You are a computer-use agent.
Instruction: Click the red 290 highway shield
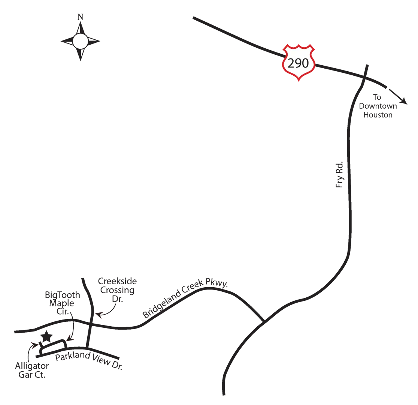299,63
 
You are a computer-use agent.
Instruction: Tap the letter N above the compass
80,17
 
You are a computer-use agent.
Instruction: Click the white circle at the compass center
80,41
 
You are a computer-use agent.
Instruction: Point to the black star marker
47,336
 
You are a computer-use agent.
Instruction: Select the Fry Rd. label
339,175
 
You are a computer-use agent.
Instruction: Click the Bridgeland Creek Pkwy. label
185,298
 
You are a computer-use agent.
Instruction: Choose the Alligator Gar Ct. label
32,370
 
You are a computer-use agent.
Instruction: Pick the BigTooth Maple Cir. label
63,303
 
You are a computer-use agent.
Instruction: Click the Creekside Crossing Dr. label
117,289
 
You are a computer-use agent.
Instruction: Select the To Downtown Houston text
378,106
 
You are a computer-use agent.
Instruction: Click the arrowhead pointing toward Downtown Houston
404,101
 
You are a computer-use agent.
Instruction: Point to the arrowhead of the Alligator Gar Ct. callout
35,344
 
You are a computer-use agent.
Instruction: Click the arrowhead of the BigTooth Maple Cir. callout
69,339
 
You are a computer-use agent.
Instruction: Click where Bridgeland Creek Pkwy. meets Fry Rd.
264,321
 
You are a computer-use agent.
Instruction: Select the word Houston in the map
378,115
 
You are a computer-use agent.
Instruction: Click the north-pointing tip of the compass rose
80,22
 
